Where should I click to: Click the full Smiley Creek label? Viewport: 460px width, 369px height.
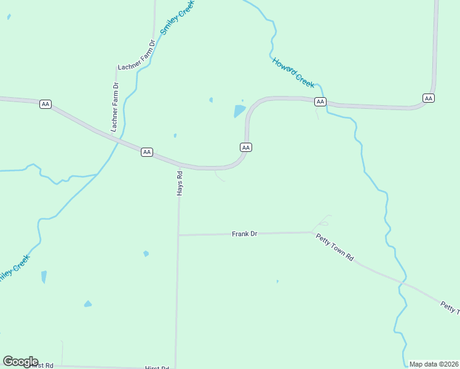[176, 17]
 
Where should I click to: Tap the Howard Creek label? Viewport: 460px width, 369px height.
[293, 71]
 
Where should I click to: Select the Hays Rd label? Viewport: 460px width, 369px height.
[180, 183]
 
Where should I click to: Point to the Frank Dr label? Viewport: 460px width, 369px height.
[244, 234]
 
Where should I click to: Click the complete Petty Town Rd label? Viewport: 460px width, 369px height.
[335, 248]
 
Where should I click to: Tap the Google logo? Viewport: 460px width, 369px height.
[20, 361]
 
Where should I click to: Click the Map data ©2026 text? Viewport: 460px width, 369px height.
[434, 364]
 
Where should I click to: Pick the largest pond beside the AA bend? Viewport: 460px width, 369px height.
[239, 111]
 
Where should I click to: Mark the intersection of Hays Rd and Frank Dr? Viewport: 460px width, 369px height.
[178, 235]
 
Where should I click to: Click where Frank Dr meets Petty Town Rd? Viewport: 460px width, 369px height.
[314, 232]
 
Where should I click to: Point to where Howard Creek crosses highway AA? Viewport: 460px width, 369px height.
[326, 103]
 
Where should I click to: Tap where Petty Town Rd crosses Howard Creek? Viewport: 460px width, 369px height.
[403, 284]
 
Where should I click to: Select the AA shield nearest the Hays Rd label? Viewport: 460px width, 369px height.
[146, 152]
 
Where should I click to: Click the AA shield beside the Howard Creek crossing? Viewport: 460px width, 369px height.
[320, 101]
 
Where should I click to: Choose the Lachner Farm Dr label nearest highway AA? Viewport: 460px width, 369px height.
[114, 108]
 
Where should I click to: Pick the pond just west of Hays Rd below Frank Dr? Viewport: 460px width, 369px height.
[146, 253]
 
